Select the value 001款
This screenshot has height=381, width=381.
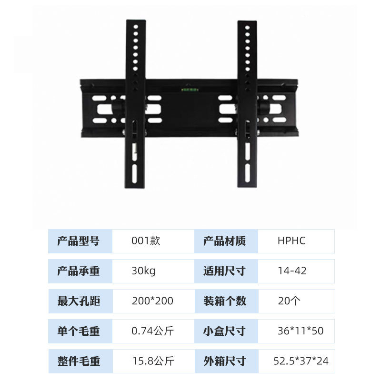point(146,241)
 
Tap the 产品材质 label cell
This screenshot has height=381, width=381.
point(225,241)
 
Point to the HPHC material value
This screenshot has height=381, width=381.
point(291,241)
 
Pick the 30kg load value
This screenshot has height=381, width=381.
point(143,271)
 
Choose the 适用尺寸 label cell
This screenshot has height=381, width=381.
point(225,271)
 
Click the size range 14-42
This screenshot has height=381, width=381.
point(292,271)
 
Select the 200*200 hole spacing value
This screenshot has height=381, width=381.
point(152,301)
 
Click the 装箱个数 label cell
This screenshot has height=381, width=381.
point(225,301)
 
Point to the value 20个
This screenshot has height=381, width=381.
point(289,301)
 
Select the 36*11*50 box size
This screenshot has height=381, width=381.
point(301,331)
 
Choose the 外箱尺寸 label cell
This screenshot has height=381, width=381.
point(225,361)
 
